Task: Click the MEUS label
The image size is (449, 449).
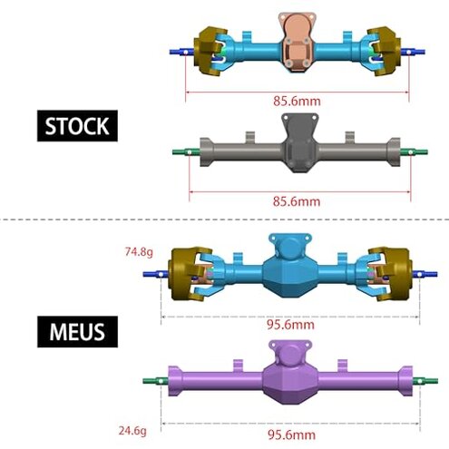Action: (x=79, y=330)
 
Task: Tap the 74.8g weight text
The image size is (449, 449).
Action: (x=140, y=251)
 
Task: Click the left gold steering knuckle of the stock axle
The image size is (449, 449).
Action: (x=211, y=53)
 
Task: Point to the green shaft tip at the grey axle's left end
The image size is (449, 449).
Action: (x=179, y=152)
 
